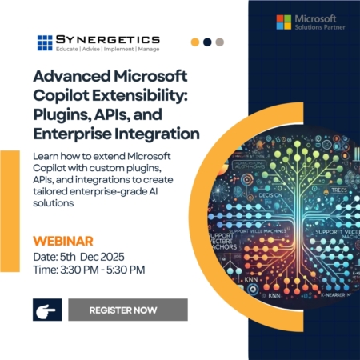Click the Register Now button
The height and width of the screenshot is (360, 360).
tap(127, 309)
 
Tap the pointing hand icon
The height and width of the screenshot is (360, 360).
tap(47, 310)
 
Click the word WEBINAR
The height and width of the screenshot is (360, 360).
tap(63, 240)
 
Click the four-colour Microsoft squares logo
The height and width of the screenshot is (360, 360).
tap(283, 22)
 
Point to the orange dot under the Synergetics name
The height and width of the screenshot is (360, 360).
tap(195, 42)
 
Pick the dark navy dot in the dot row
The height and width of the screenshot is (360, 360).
tap(208, 42)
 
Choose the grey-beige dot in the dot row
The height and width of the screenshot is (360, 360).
tap(220, 42)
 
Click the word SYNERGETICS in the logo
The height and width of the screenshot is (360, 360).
tap(108, 38)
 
